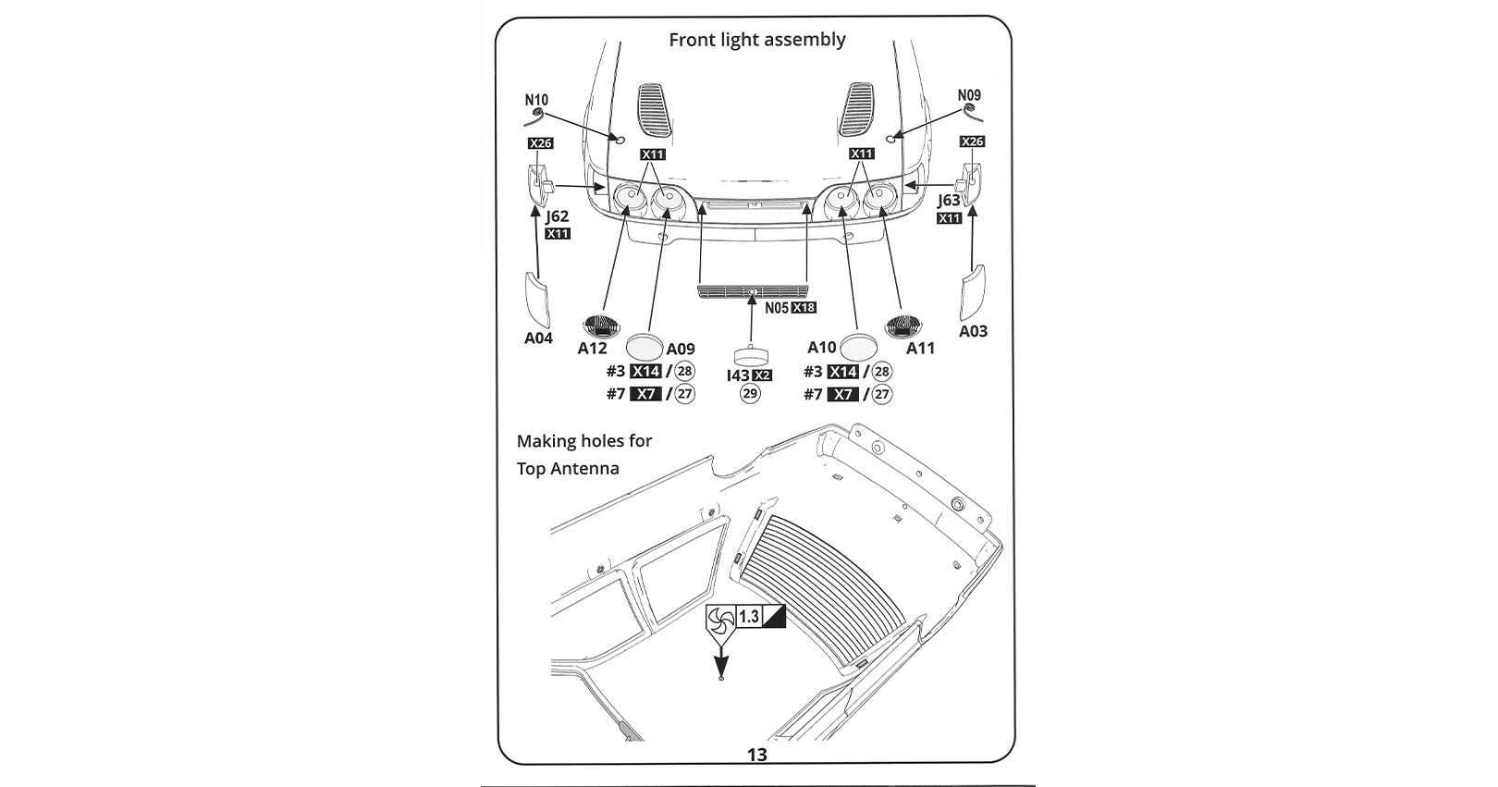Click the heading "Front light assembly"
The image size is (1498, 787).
click(757, 40)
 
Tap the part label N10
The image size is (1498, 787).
click(536, 100)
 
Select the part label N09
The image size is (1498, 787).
click(969, 95)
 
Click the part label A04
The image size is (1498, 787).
click(538, 338)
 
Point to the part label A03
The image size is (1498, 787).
click(973, 331)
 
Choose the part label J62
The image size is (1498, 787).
click(557, 216)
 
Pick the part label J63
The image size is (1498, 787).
click(949, 199)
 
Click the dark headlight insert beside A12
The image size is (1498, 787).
click(601, 326)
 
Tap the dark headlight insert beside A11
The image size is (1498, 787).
click(902, 326)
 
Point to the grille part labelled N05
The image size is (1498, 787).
click(753, 291)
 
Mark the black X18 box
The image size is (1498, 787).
click(804, 308)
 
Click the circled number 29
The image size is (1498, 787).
click(750, 393)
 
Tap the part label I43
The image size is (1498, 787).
click(738, 375)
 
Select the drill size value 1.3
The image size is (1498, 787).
click(749, 616)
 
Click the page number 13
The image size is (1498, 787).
click(757, 755)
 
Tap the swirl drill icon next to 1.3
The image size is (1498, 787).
click(721, 621)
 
